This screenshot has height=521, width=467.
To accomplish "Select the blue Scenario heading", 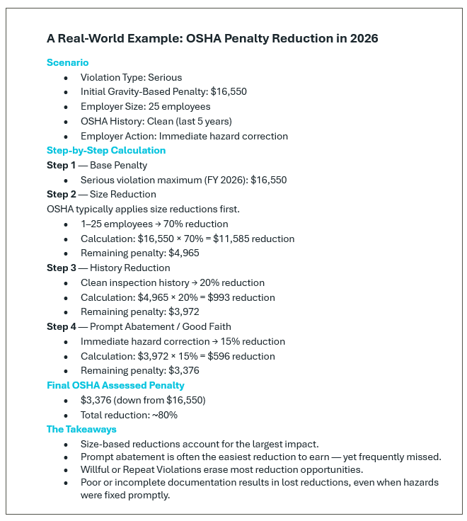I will (x=68, y=62).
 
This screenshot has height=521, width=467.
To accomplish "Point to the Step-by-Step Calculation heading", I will (x=106, y=150).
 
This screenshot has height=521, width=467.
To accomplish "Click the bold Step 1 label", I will (x=62, y=165).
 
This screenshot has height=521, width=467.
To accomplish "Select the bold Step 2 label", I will (x=62, y=194).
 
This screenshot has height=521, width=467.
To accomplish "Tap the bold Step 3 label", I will (x=62, y=268).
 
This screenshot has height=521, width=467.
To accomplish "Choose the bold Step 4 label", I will (x=62, y=326).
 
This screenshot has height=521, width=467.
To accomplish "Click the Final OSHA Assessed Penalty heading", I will (x=115, y=385).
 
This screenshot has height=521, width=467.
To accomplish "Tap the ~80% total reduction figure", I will (x=163, y=415).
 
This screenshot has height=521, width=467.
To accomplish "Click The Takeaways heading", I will (x=81, y=429).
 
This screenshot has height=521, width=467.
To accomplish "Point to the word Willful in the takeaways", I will (x=96, y=469).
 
